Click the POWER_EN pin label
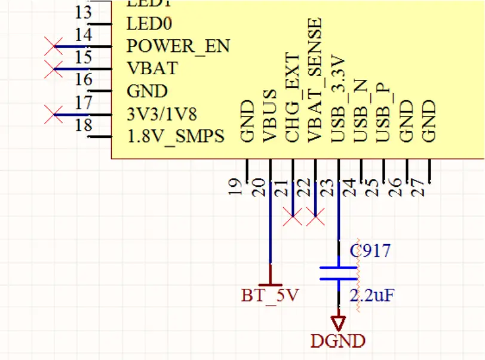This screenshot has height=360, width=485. pos(178,46)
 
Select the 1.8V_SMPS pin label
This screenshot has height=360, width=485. pos(176,137)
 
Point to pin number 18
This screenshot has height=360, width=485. pos(84,125)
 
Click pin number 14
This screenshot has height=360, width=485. pos(84,35)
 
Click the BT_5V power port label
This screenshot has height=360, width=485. pos(270,295)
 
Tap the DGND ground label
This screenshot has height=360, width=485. pos(338,341)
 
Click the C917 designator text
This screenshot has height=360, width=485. pos(370,250)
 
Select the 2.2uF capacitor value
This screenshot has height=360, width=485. pos(372,295)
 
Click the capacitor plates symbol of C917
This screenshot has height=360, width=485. pos(338,273)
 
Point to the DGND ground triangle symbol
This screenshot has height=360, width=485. pos(339,324)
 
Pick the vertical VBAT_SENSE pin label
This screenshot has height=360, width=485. pos(315,80)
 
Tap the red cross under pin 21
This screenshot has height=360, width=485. pos(293,218)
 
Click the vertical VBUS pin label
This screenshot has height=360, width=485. pos(270,116)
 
